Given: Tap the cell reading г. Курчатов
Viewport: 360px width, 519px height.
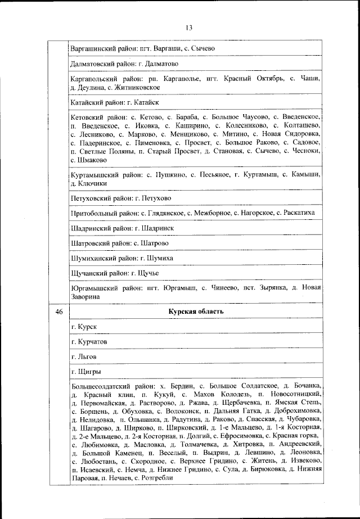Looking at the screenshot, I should (89, 341).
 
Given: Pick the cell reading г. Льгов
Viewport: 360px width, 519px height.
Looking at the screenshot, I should (84, 356).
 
